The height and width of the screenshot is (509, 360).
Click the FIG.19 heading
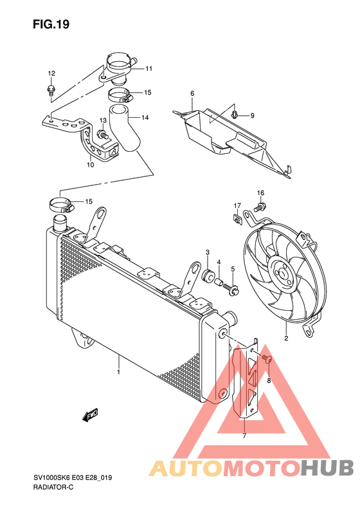51,24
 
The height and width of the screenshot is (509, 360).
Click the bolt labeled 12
51,89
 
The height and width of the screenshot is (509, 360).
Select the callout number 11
148,68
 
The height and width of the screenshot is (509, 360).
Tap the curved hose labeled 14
125,129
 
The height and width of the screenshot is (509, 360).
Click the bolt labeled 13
102,134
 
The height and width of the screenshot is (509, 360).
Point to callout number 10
91,165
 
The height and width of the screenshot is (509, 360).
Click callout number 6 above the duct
192,93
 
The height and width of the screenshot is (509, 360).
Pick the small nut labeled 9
235,115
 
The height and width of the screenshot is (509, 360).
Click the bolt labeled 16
260,206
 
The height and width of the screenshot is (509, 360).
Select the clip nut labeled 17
238,219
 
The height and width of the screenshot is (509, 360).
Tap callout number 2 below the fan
286,338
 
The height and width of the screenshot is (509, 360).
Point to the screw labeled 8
267,358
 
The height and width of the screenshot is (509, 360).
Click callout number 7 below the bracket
244,436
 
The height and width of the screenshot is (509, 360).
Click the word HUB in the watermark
327,468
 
